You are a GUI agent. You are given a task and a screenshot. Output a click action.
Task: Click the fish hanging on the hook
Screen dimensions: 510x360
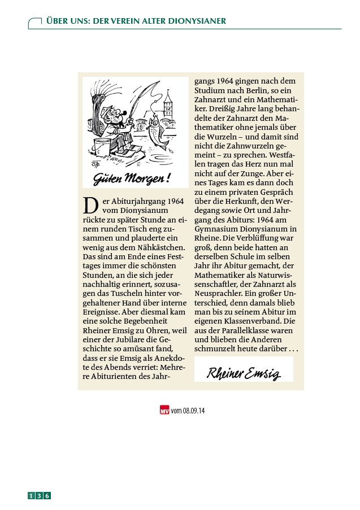(x=159, y=131)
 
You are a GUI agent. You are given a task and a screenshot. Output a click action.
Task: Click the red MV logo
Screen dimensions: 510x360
(x=164, y=410)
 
